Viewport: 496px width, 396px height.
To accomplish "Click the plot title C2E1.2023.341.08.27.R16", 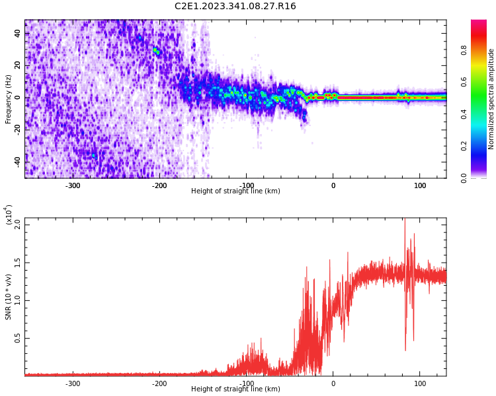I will pos(235,7).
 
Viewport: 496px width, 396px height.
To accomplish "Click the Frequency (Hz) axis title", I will pos(9,99).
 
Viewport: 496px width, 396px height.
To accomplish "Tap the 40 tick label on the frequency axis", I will pos(18,34).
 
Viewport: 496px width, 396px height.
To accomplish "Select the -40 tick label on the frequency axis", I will pos(16,160).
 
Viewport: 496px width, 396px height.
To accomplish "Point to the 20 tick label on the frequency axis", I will pos(18,65).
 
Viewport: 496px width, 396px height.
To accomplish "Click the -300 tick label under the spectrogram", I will pos(73,185).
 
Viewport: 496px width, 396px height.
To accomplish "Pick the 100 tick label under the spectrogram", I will pos(420,185).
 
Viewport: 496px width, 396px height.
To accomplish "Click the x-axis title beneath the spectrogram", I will pos(235,191).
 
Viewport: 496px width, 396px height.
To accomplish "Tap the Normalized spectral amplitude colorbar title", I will pos(491,99).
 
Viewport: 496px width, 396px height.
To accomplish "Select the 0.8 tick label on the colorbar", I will pos(483,49).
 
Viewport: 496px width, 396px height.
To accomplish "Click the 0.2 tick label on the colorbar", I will pos(483,146).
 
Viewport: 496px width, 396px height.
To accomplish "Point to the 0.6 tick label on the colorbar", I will pos(483,81).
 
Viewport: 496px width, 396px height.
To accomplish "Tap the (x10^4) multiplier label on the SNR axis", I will pos(9,214).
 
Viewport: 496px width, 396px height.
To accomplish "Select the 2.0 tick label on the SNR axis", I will pos(18,224).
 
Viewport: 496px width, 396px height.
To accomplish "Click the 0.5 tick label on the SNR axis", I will pos(18,339).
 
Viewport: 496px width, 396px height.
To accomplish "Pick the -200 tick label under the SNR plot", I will pos(159,383).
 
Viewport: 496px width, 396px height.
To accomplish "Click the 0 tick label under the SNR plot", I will pos(333,383).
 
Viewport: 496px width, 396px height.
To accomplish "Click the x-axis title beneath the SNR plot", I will pos(235,389).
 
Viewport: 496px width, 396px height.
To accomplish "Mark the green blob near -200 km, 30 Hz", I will pos(156,50).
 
